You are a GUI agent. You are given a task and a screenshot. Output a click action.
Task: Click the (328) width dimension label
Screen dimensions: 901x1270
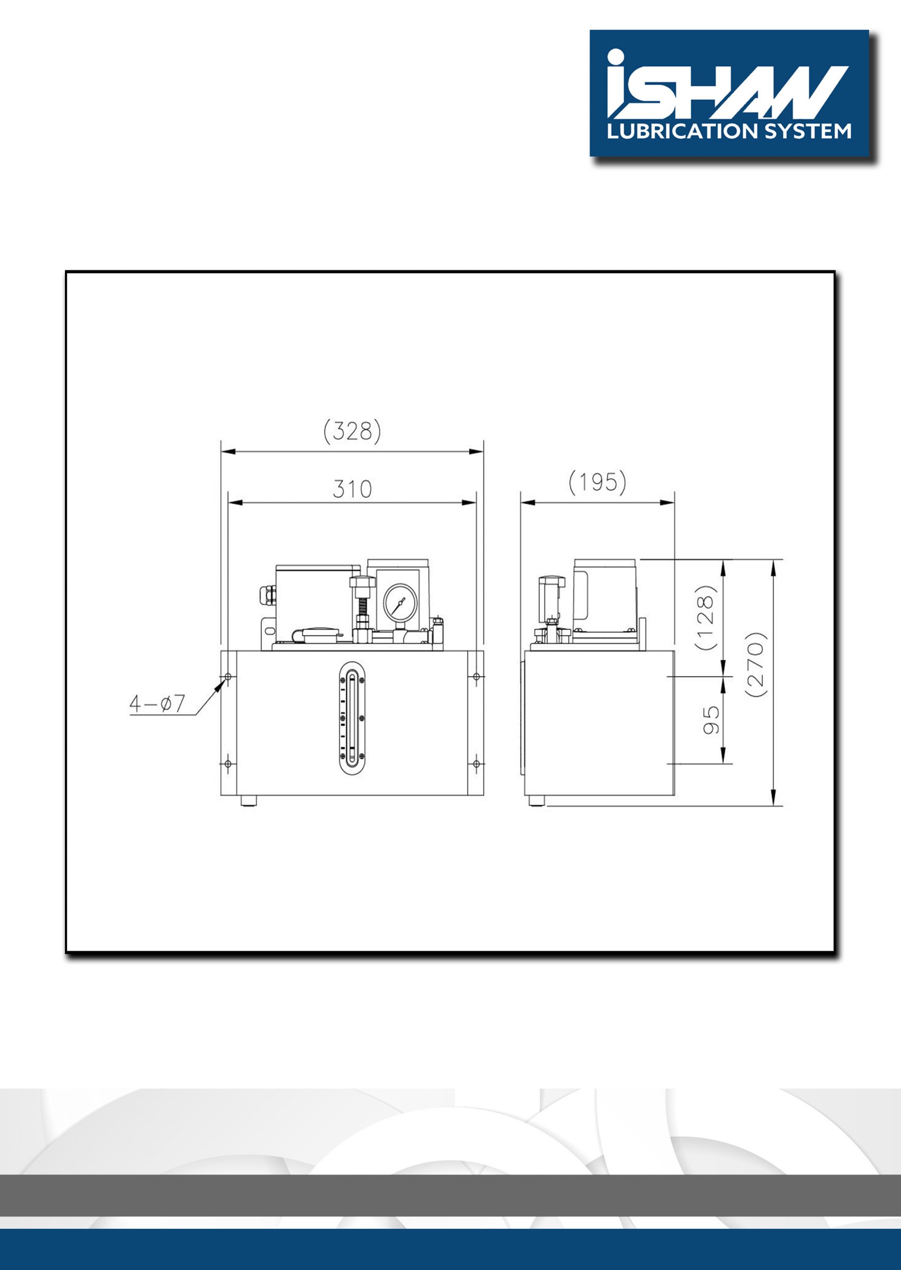pyautogui.click(x=352, y=432)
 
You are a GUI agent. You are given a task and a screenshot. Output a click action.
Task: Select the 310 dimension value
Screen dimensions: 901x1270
pyautogui.click(x=352, y=489)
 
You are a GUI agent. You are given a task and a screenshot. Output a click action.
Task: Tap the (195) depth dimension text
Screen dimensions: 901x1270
pyautogui.click(x=598, y=482)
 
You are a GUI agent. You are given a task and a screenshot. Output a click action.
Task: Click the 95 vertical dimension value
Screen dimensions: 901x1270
pyautogui.click(x=712, y=720)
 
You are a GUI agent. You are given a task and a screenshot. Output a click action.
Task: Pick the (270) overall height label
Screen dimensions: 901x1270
pyautogui.click(x=757, y=665)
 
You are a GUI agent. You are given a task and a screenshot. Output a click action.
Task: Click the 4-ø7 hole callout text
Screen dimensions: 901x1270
pyautogui.click(x=157, y=704)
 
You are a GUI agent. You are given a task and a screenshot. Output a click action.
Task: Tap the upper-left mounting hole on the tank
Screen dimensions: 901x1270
pyautogui.click(x=228, y=677)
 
